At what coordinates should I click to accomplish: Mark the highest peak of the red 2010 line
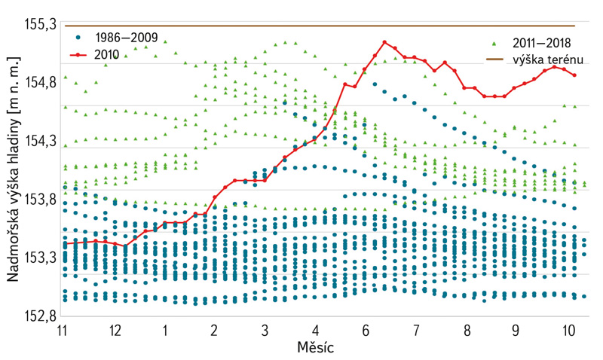384,42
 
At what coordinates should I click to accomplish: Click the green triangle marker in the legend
493,42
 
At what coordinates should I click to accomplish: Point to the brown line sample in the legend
494,58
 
